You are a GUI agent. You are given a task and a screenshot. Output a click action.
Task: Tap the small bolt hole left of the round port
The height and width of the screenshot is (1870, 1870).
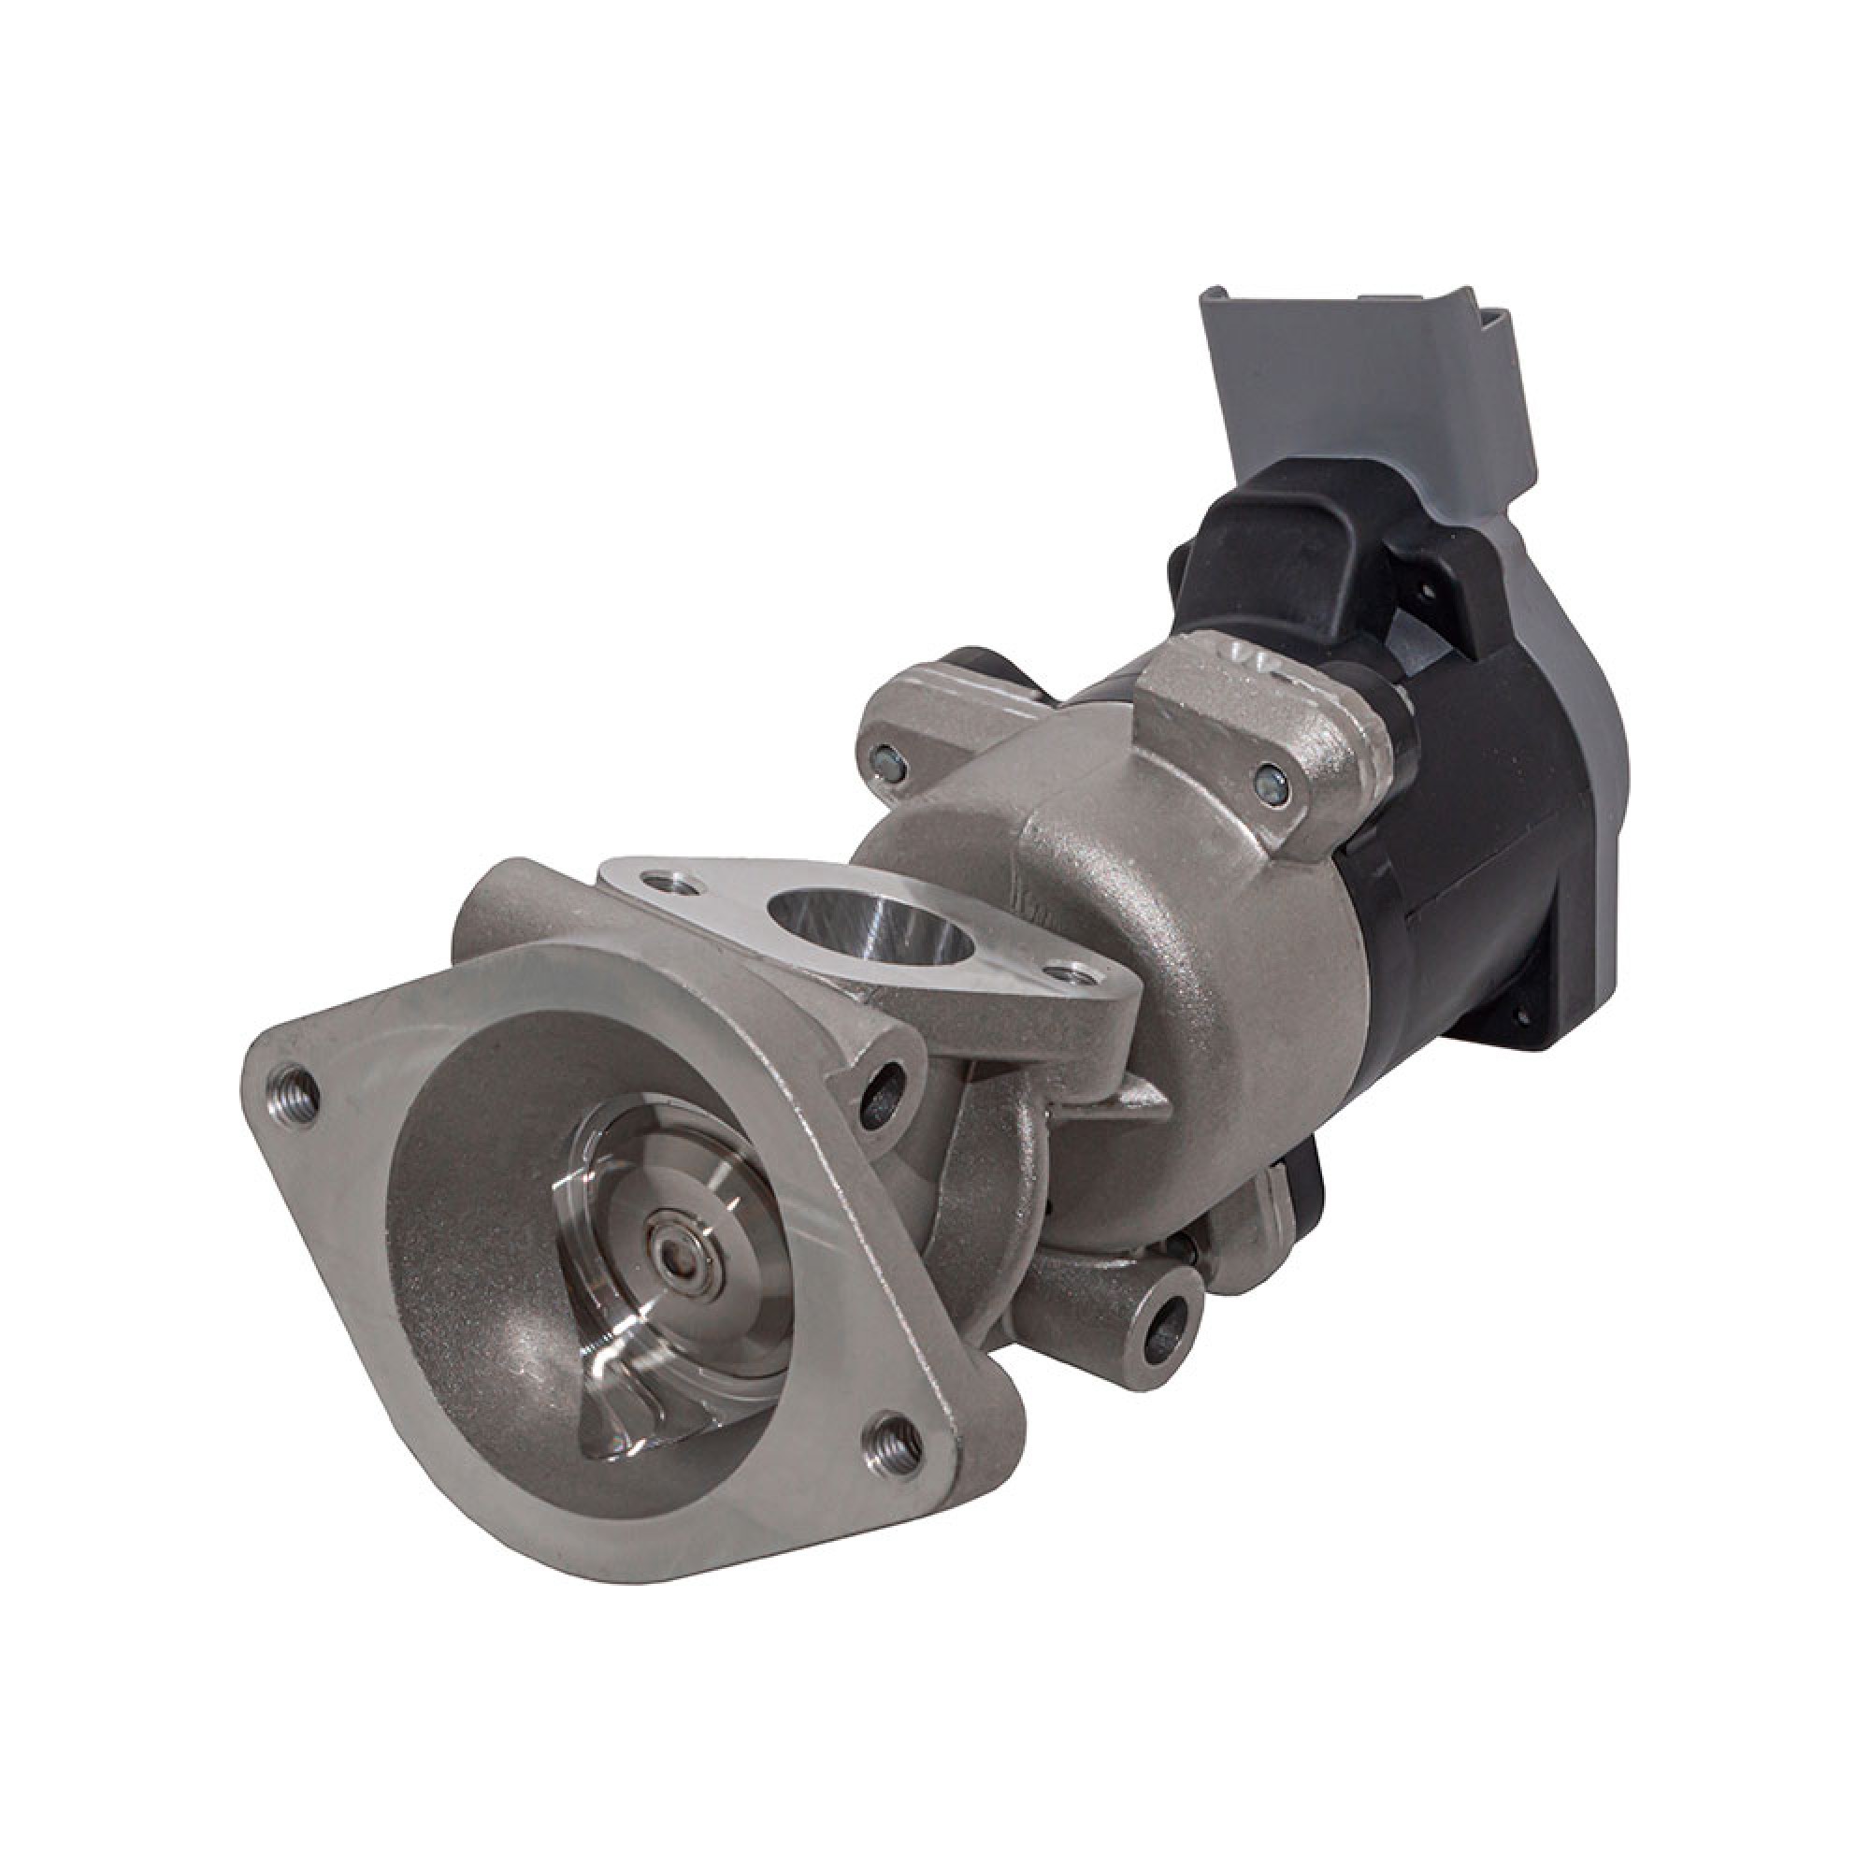click(x=665, y=884)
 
